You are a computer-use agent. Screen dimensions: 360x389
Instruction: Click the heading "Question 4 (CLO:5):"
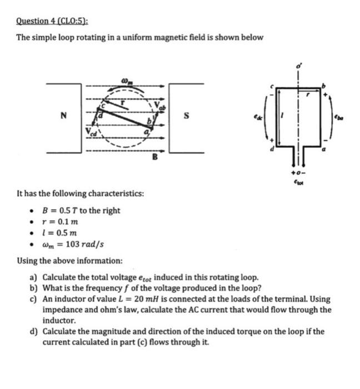[52, 22]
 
